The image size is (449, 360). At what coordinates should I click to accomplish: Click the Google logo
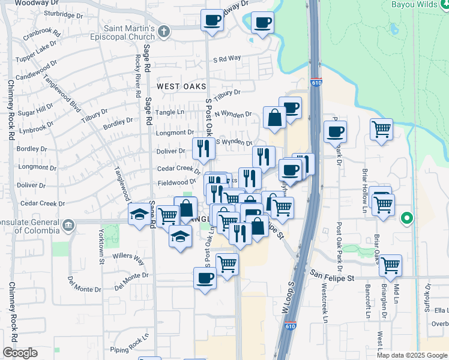pyautogui.click(x=20, y=353)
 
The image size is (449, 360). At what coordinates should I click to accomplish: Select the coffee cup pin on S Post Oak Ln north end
pyautogui.click(x=211, y=21)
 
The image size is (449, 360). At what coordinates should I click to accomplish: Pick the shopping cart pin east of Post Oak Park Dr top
pyautogui.click(x=382, y=129)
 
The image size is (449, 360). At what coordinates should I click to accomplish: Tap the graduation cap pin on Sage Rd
pyautogui.click(x=140, y=214)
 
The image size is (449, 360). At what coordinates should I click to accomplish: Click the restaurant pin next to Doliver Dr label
pyautogui.click(x=203, y=148)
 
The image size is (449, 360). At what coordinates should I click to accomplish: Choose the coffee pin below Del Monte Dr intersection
pyautogui.click(x=205, y=278)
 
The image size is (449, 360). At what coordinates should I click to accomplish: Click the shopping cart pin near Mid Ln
pyautogui.click(x=391, y=264)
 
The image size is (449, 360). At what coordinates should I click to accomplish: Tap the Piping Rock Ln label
pyautogui.click(x=129, y=351)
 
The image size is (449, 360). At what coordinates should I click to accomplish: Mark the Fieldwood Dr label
pyautogui.click(x=177, y=182)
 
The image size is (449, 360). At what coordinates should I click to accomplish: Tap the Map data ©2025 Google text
pyautogui.click(x=412, y=355)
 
